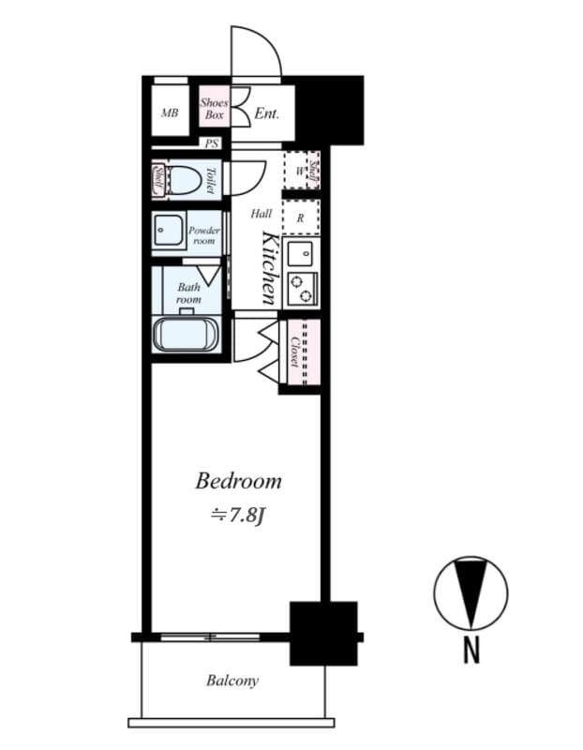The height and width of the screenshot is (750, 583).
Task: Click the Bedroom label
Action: (x=238, y=482)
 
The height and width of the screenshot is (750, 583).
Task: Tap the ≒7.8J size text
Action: (x=238, y=514)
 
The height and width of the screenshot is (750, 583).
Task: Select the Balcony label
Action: (x=232, y=682)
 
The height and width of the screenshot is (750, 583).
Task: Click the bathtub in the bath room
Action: (x=186, y=335)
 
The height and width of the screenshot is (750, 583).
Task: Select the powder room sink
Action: (x=169, y=232)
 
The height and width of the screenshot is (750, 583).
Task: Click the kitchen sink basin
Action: (x=301, y=253)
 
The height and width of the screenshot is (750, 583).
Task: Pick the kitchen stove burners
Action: (x=302, y=288)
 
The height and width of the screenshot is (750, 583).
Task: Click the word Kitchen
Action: (x=268, y=267)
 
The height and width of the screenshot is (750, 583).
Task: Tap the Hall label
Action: (x=262, y=214)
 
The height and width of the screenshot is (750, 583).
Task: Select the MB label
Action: (x=170, y=113)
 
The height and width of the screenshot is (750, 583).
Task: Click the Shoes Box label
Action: (x=216, y=109)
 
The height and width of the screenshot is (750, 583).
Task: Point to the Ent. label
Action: (x=268, y=113)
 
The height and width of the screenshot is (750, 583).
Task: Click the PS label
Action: (x=212, y=143)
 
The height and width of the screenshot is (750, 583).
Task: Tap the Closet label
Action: (x=294, y=351)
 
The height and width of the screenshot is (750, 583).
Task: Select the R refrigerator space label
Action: (x=300, y=218)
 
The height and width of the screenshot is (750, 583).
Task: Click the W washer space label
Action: (x=299, y=171)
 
